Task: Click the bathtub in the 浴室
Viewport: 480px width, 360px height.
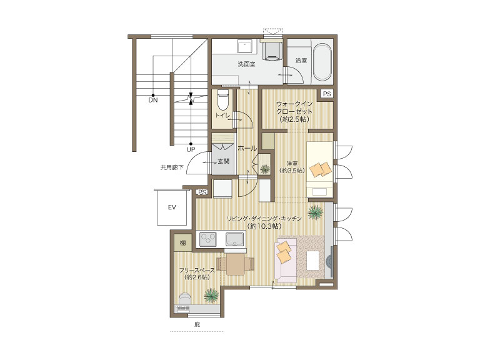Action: click(x=322, y=62)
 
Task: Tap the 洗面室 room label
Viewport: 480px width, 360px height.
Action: click(x=246, y=64)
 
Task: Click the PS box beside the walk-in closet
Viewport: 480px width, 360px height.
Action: click(x=327, y=94)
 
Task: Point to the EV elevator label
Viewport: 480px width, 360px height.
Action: click(x=172, y=207)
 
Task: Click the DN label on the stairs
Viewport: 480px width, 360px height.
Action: click(x=153, y=100)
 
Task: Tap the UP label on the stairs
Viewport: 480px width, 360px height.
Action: click(x=191, y=150)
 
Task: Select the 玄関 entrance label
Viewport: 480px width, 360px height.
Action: click(x=224, y=161)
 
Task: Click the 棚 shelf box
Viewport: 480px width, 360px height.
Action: click(x=183, y=242)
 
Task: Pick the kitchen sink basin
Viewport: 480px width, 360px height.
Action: click(x=235, y=239)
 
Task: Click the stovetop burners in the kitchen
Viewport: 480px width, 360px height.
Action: click(x=208, y=239)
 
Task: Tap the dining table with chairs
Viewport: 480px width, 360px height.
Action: click(x=236, y=264)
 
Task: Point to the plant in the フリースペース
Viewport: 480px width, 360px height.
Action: click(x=211, y=295)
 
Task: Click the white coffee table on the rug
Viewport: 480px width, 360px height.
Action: click(x=313, y=260)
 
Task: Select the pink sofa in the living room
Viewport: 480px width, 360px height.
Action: click(x=286, y=261)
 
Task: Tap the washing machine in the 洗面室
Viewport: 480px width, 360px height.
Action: click(x=272, y=50)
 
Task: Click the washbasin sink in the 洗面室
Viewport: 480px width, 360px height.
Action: click(x=244, y=46)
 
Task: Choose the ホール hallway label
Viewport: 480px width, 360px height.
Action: click(x=247, y=149)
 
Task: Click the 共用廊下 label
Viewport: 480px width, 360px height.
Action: click(x=172, y=167)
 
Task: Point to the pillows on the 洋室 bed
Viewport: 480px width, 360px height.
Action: click(x=321, y=169)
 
